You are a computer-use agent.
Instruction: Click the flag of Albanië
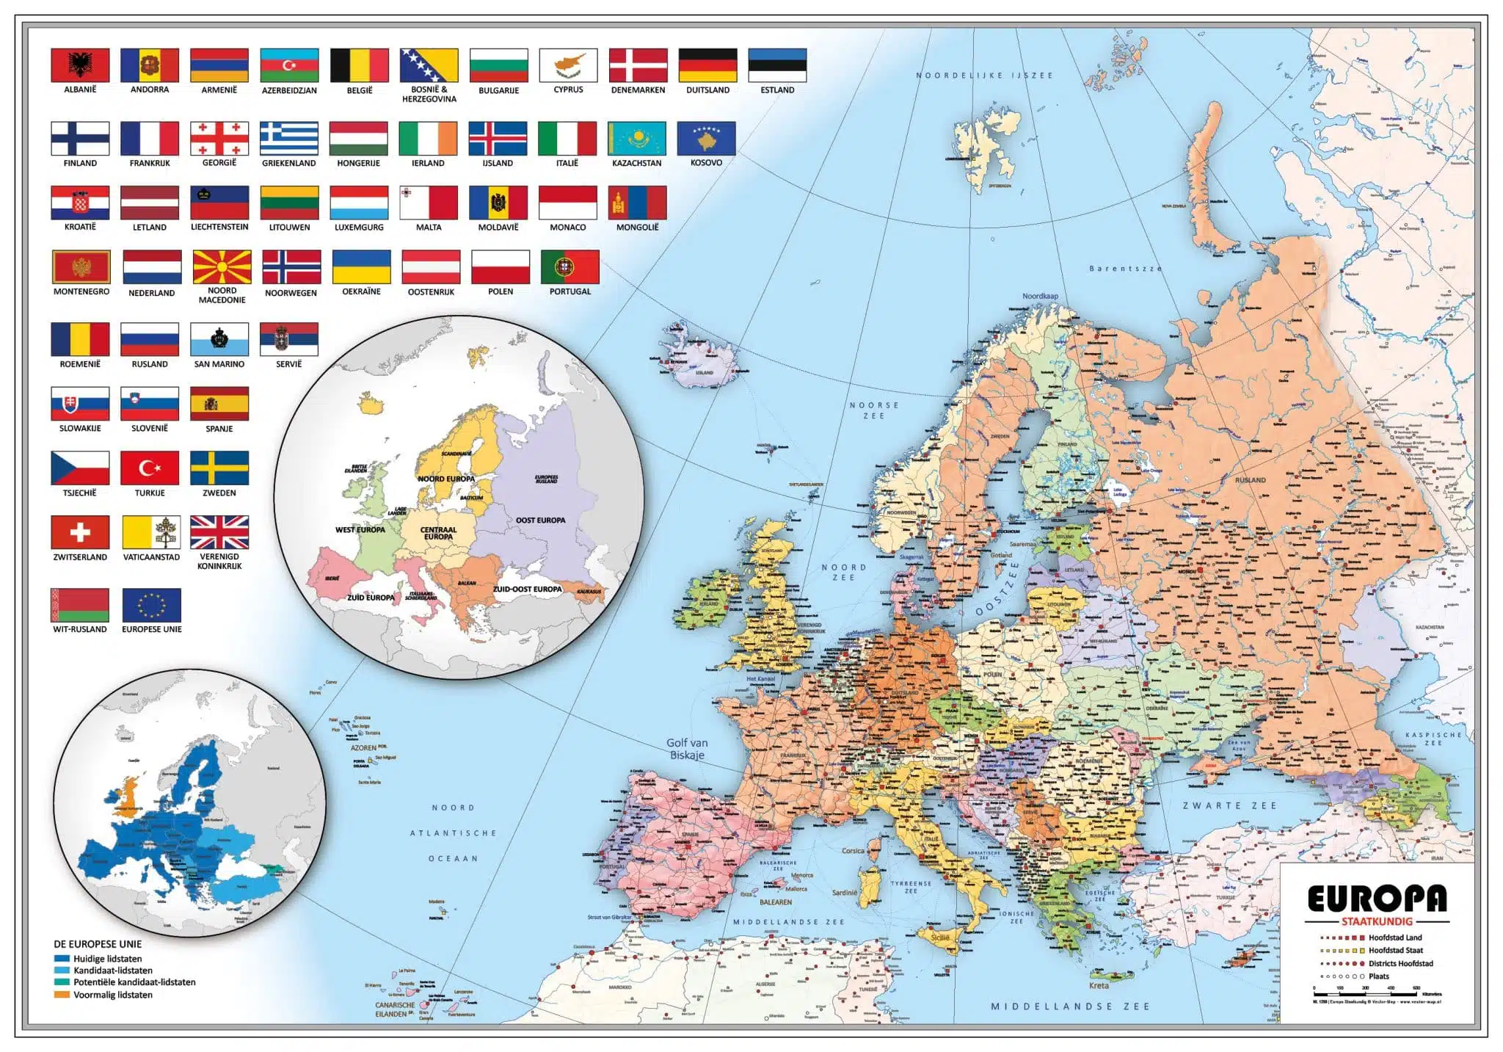tap(80, 65)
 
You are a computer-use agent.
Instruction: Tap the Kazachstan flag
tap(636, 138)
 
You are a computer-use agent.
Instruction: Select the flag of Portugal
tap(569, 266)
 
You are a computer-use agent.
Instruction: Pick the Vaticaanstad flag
tap(151, 532)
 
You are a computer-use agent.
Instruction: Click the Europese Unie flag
tap(151, 605)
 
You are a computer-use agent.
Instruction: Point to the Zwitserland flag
tap(80, 532)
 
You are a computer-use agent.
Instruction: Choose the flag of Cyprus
tap(568, 65)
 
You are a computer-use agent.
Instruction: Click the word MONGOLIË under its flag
tap(637, 228)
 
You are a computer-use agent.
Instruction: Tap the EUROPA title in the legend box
tap(1377, 899)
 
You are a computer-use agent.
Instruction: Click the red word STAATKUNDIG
tap(1377, 921)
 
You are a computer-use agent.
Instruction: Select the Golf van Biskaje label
tap(686, 749)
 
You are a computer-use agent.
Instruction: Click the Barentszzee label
tap(1125, 269)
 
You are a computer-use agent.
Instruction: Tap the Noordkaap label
tap(1040, 296)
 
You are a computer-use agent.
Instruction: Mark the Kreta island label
tap(1099, 985)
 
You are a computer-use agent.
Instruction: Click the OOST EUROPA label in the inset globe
tap(540, 520)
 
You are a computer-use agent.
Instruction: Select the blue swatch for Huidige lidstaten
tap(62, 959)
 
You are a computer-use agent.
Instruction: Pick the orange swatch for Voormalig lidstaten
tap(62, 995)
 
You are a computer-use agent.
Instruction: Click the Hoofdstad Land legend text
tap(1394, 937)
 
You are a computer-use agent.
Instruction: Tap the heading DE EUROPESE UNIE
tap(98, 944)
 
